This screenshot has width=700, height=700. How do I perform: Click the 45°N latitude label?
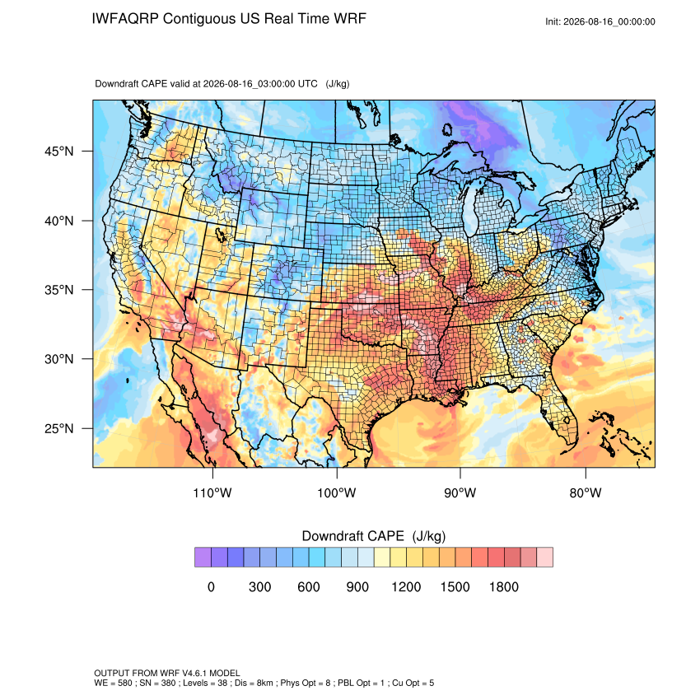(x=59, y=152)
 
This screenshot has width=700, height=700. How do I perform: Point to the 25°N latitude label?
(x=59, y=428)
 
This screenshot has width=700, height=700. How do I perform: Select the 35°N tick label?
(x=59, y=290)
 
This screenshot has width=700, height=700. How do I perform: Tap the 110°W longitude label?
(x=212, y=492)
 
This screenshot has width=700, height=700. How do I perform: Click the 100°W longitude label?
(x=337, y=492)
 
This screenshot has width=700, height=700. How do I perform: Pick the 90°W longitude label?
(x=460, y=492)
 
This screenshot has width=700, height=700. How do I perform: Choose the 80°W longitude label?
(x=586, y=492)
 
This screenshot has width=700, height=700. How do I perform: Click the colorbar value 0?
(x=211, y=586)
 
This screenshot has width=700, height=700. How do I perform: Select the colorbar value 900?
(x=357, y=586)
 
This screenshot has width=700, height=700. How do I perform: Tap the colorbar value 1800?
(x=504, y=586)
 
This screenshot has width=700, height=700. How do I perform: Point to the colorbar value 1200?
(x=406, y=586)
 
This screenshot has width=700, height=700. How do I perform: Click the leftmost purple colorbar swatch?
(x=203, y=558)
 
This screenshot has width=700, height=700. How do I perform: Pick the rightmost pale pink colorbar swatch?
(x=544, y=558)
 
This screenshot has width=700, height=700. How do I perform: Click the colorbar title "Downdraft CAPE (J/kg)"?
(x=374, y=536)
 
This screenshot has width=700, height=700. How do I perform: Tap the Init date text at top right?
(x=600, y=21)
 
